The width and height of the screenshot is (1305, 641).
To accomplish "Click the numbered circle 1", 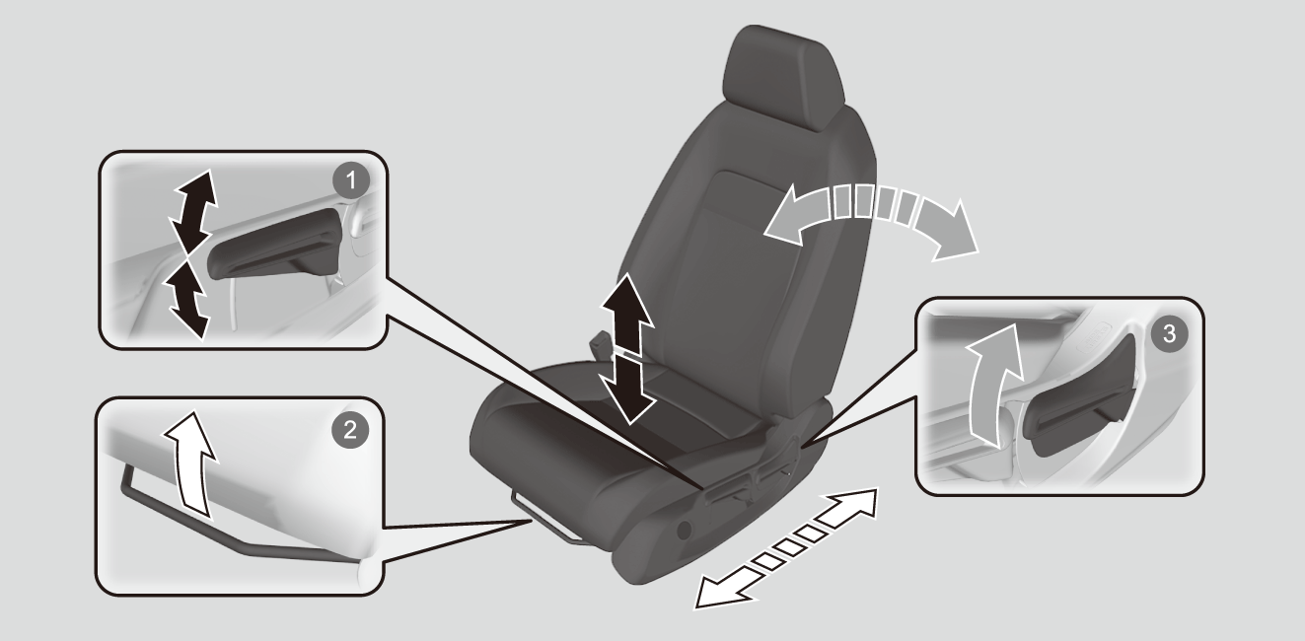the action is [351, 181].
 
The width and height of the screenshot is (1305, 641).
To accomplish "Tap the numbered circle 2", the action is [349, 431].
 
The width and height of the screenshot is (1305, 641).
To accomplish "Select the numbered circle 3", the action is [1169, 334].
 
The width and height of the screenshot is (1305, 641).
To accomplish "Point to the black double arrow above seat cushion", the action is [627, 348].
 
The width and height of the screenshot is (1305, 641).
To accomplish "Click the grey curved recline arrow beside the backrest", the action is [872, 218].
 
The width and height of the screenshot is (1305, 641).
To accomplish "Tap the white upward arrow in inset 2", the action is [190, 464].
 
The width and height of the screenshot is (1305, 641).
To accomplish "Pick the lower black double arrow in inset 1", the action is [186, 298].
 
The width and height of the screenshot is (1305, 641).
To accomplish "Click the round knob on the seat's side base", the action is [684, 530].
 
